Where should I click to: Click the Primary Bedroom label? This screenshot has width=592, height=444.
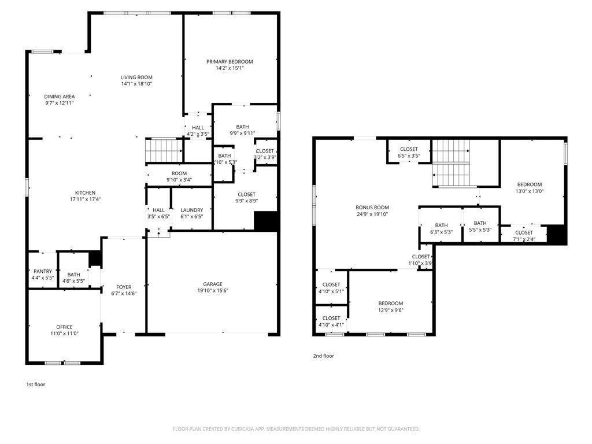click(230, 62)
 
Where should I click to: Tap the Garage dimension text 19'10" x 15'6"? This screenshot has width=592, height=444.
click(213, 291)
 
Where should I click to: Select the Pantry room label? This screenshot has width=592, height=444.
click(43, 271)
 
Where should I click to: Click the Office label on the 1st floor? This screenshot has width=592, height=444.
click(64, 327)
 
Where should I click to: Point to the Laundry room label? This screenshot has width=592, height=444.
click(191, 210)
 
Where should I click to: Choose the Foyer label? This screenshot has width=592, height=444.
click(124, 287)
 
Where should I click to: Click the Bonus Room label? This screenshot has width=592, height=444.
click(372, 208)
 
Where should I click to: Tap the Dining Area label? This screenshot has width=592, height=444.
click(60, 97)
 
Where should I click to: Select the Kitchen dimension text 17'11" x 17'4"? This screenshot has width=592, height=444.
click(85, 199)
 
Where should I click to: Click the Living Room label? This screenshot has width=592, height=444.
click(136, 77)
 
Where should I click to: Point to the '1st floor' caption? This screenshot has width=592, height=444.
click(36, 384)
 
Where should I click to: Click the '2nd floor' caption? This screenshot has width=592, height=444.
click(323, 356)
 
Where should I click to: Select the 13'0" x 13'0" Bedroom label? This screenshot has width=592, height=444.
click(529, 184)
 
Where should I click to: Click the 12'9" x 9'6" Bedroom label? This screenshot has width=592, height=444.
click(391, 304)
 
